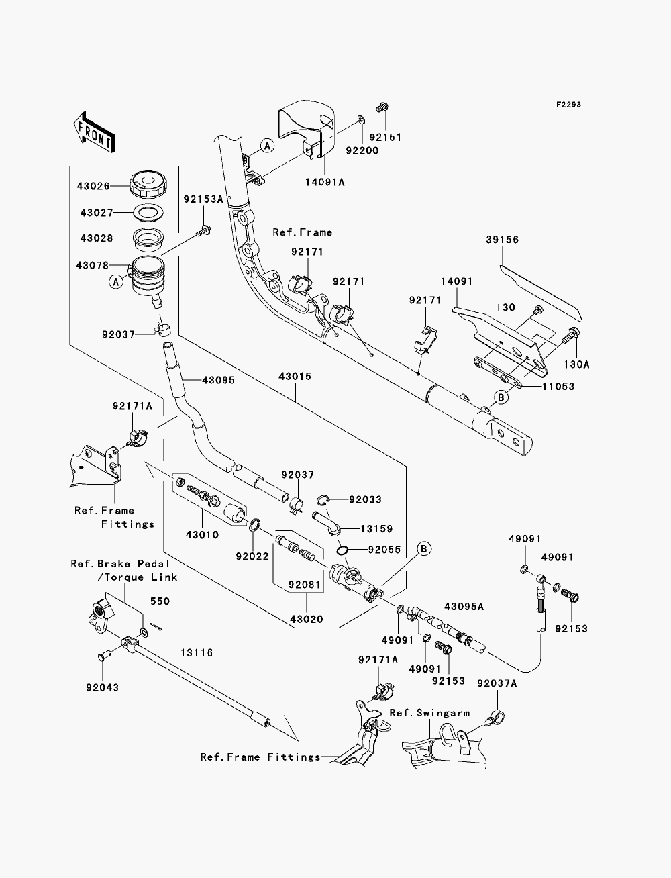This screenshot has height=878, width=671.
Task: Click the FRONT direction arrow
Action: (x=94, y=132)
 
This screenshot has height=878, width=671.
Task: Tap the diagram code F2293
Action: (x=568, y=105)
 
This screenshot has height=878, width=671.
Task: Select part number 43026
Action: (x=93, y=186)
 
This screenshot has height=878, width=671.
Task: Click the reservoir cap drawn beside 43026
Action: (x=148, y=185)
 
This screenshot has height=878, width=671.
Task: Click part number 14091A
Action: (x=325, y=182)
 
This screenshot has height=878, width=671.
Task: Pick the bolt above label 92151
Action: (x=382, y=107)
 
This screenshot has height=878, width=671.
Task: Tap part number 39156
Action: (x=503, y=240)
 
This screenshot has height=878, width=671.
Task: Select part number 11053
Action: (x=558, y=387)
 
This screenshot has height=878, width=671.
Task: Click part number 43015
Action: (x=295, y=377)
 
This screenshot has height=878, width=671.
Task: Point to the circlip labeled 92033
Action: (x=323, y=500)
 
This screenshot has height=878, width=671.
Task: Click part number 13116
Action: (x=197, y=653)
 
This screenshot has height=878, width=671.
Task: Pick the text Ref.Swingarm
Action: (x=430, y=713)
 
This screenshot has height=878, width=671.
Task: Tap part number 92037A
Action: (x=497, y=683)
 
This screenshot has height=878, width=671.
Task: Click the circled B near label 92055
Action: (x=424, y=548)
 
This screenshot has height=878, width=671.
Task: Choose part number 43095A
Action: (x=464, y=607)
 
